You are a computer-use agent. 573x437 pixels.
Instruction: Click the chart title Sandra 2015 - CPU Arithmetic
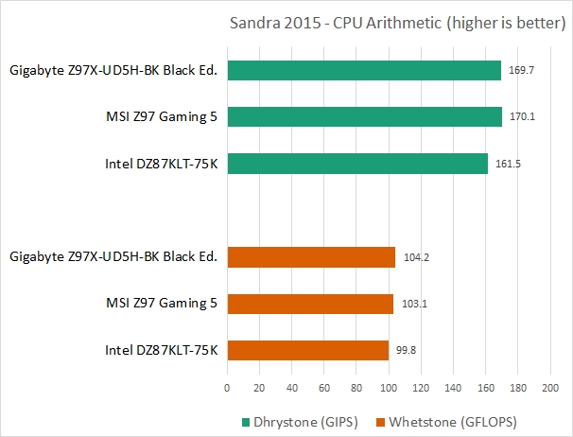pyautogui.click(x=396, y=24)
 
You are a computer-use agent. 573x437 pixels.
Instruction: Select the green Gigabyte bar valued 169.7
pyautogui.click(x=363, y=71)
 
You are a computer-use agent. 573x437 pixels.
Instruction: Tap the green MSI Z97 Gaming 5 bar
pyautogui.click(x=364, y=117)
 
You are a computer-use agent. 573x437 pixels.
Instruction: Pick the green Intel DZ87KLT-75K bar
pyautogui.click(x=356, y=164)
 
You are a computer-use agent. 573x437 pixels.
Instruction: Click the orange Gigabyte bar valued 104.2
pyautogui.click(x=311, y=256)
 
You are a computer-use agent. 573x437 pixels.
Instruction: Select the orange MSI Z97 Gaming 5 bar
pyautogui.click(x=310, y=304)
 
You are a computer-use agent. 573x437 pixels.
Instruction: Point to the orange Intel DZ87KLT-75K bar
pyautogui.click(x=307, y=350)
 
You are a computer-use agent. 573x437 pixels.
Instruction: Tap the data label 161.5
pyautogui.click(x=508, y=165)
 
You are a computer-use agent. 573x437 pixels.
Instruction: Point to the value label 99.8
pyautogui.click(x=407, y=351)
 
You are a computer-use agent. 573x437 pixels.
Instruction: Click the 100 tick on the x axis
pyautogui.click(x=388, y=387)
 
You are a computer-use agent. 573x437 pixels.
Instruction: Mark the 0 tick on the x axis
pyautogui.click(x=227, y=387)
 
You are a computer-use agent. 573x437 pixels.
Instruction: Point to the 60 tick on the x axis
pyautogui.click(x=324, y=387)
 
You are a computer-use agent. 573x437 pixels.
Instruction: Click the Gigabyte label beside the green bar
pyautogui.click(x=113, y=70)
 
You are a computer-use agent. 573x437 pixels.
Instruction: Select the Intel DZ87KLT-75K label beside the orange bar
pyautogui.click(x=161, y=350)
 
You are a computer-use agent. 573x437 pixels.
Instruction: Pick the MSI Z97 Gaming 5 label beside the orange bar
pyautogui.click(x=161, y=304)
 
